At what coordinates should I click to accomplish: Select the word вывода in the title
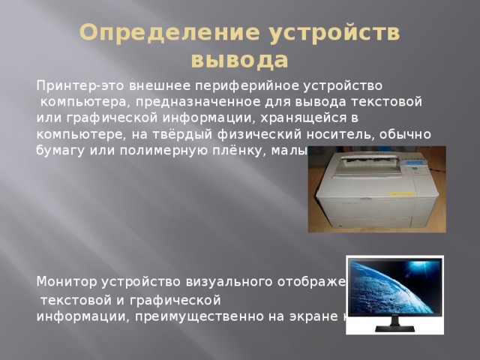tap(239, 58)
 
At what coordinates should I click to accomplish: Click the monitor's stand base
tap(395, 328)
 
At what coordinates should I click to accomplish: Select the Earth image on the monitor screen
tap(394, 284)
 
